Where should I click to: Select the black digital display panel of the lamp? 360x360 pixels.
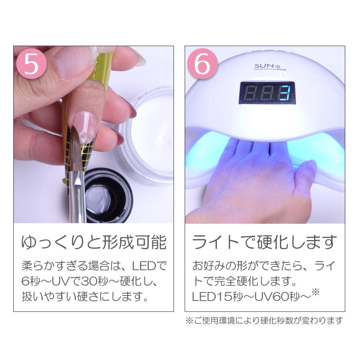tap(267, 92)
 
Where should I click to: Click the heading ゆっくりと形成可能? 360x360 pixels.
tap(94, 242)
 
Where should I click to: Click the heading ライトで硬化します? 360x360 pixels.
tap(264, 242)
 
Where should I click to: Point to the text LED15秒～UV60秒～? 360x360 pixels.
tap(250, 297)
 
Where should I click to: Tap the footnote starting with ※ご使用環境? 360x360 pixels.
tap(264, 320)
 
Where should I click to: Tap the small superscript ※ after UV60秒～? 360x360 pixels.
tap(316, 293)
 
